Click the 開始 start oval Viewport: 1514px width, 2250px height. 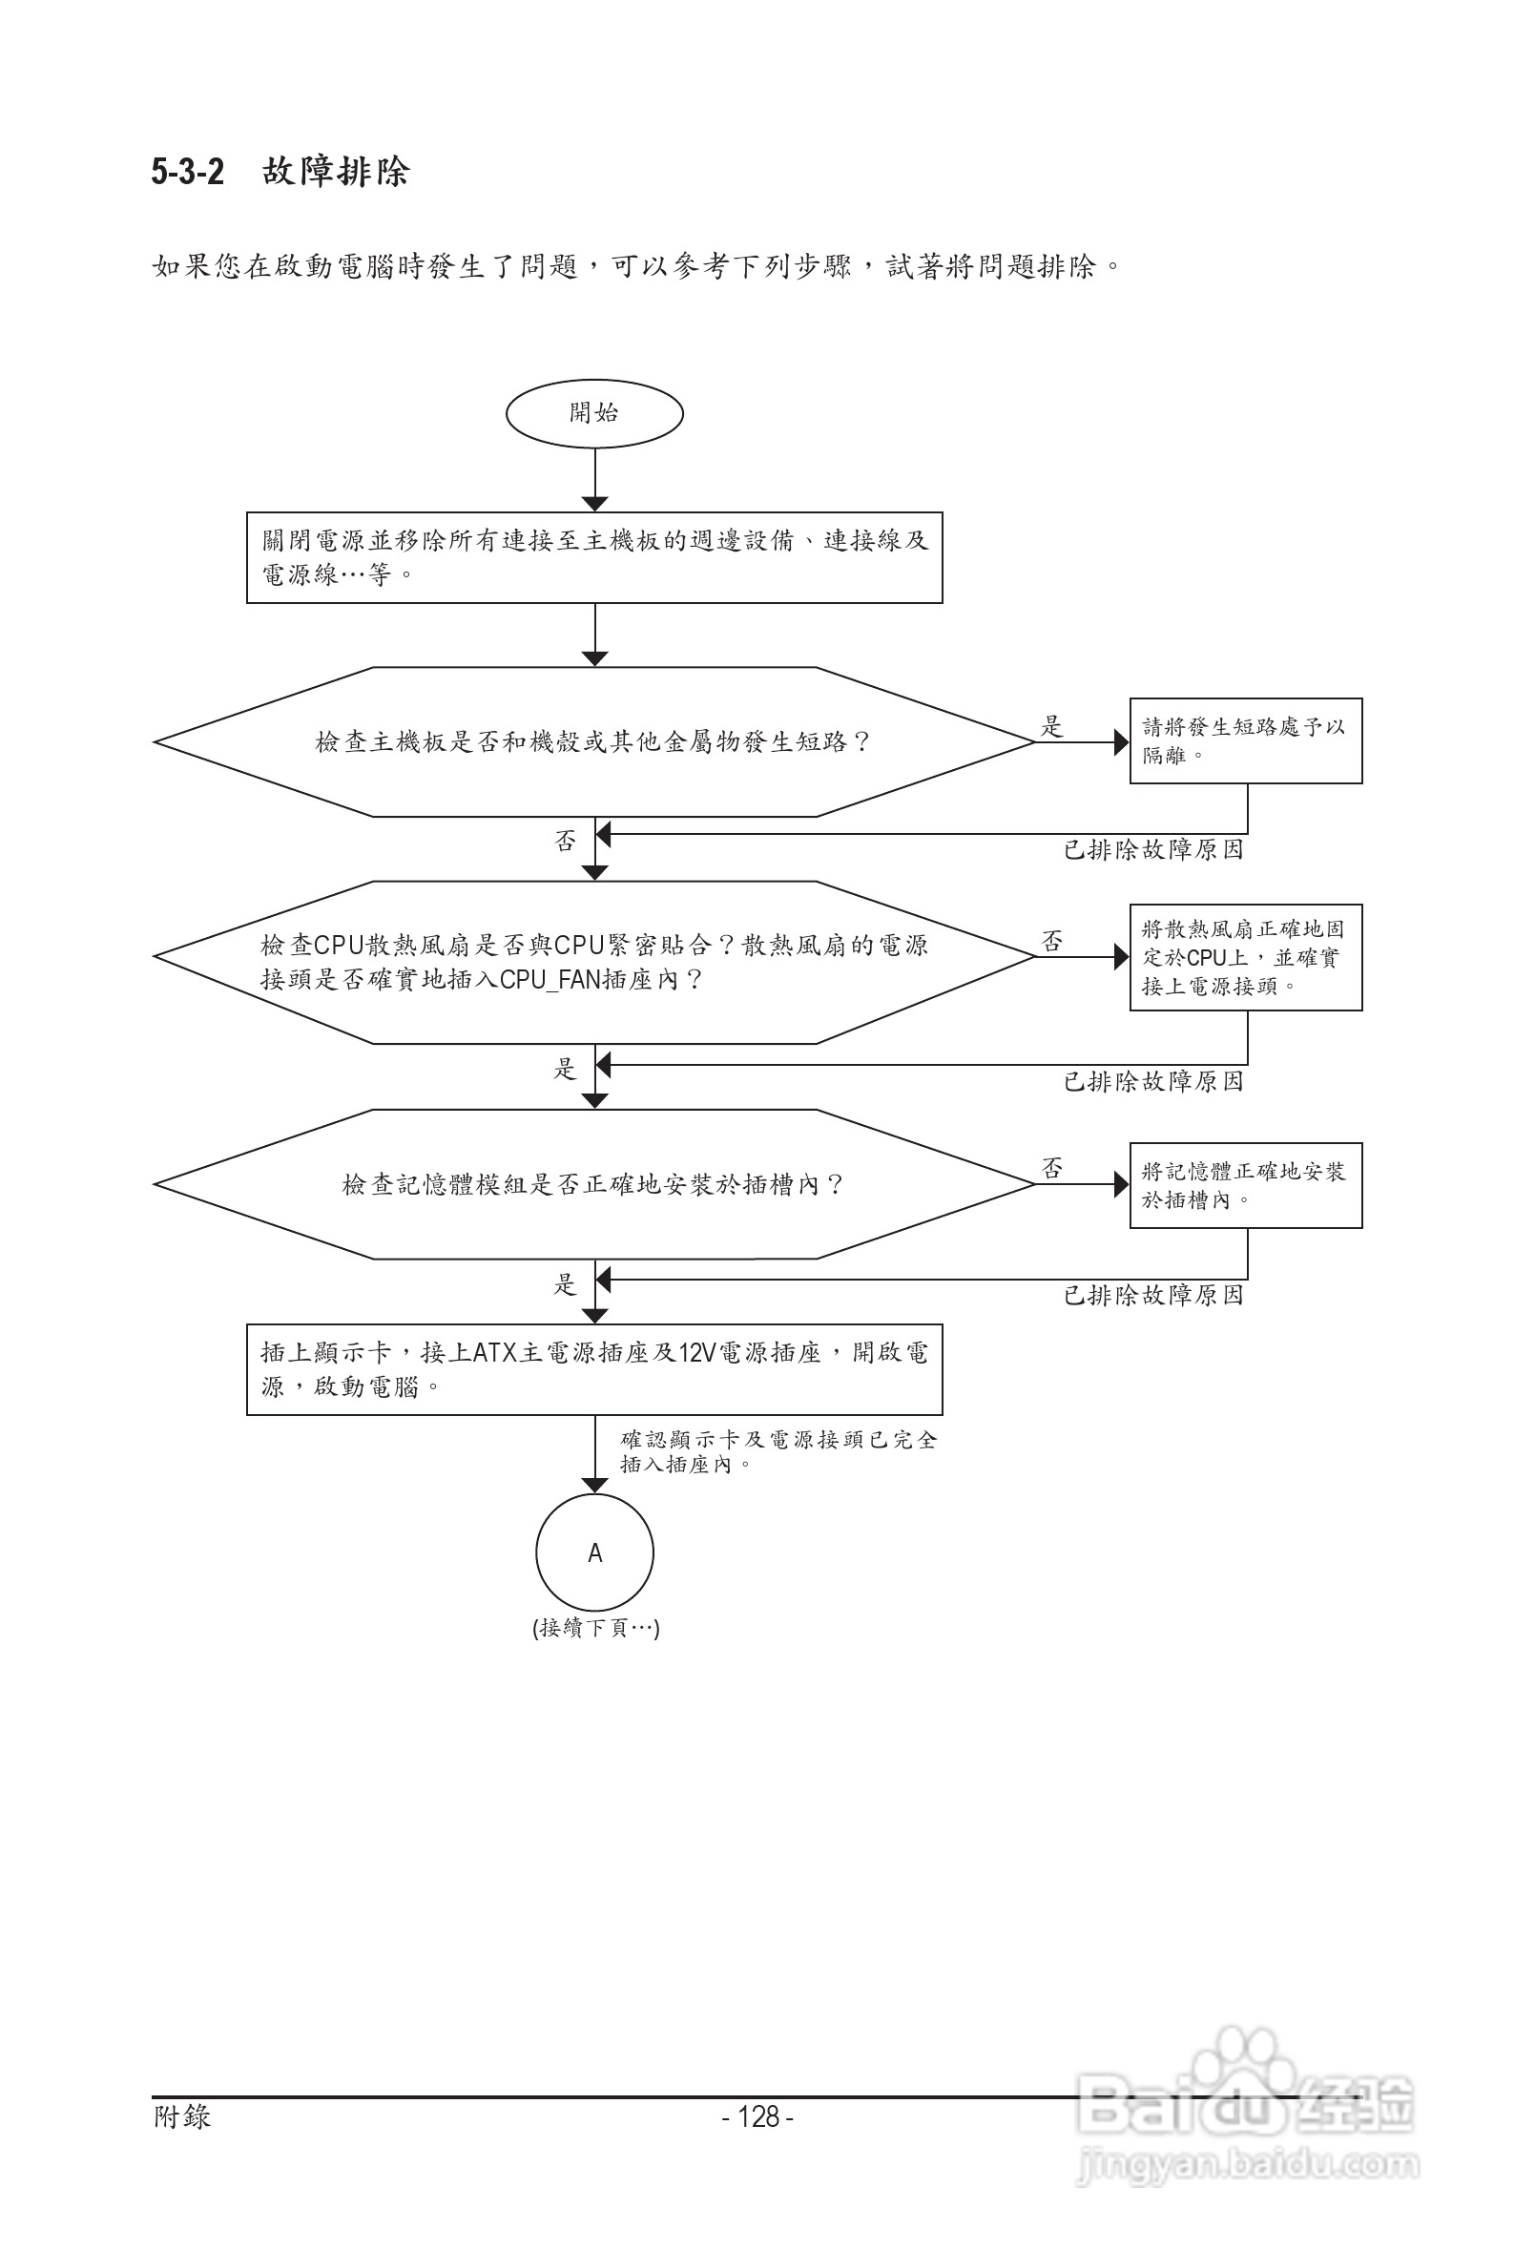point(593,413)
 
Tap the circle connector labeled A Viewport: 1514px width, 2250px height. point(593,1552)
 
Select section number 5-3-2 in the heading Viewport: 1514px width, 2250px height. point(187,172)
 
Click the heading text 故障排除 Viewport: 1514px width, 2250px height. point(336,172)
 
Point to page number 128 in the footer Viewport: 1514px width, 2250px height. point(758,2116)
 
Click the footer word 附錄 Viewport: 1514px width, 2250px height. point(181,2116)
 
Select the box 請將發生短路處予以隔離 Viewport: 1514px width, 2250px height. point(1245,740)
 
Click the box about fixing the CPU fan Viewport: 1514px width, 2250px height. point(1245,957)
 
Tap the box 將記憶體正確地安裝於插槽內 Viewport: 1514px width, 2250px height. point(1245,1185)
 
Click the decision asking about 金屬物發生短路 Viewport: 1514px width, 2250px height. point(593,741)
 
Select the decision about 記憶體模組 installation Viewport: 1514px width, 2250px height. point(593,1184)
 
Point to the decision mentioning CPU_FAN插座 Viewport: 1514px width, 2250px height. point(593,962)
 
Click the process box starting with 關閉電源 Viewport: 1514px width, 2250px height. point(593,557)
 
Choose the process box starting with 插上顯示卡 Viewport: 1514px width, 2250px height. point(593,1369)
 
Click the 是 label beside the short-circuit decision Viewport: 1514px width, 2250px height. point(1051,726)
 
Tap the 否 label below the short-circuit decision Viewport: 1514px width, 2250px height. point(565,841)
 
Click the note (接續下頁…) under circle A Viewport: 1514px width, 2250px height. point(595,1628)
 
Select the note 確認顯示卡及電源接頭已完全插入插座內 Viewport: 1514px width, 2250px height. point(778,1451)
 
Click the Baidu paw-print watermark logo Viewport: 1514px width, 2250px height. point(1246,2095)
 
